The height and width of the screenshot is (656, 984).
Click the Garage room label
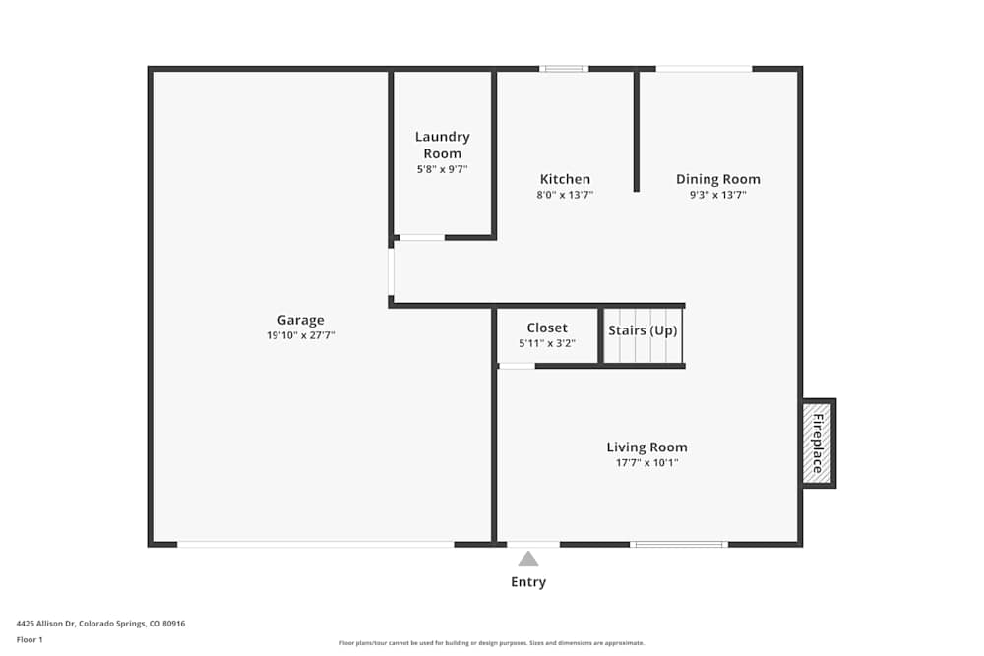pos(300,320)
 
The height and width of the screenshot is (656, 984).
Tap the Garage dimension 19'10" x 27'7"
pos(300,336)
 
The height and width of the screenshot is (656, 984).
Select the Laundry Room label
pos(442,145)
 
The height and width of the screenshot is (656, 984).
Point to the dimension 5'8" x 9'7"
pos(442,169)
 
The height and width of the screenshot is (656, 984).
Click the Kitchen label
pos(565,179)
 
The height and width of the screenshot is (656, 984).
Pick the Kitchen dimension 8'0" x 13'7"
pos(565,195)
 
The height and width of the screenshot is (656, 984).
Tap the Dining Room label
pos(717,179)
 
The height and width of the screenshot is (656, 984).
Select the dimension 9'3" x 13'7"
pos(717,195)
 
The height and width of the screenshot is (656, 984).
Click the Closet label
pos(546,328)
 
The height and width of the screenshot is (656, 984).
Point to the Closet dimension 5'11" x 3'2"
pos(546,343)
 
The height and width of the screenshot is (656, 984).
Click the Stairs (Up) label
pos(643,330)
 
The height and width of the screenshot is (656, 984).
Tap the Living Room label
pos(646,447)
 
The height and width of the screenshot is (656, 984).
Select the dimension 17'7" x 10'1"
pos(646,462)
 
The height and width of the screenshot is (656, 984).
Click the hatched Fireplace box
pos(817,444)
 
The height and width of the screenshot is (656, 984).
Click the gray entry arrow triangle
pos(528,559)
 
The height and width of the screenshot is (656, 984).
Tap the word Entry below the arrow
pos(528,582)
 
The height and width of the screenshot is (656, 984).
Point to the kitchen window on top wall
pos(564,69)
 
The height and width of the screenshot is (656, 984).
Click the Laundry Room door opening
pos(421,237)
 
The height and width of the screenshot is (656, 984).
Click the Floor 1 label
pos(30,639)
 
